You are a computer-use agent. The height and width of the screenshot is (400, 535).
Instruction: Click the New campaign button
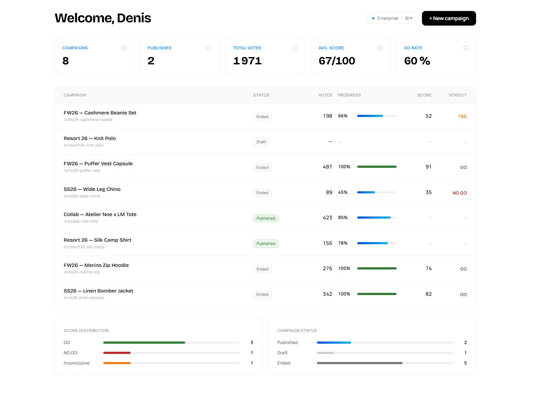(449, 18)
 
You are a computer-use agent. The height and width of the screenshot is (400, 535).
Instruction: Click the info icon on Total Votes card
(295, 48)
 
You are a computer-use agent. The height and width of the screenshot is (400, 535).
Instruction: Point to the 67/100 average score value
(337, 61)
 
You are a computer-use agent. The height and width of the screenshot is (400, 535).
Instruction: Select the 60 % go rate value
(417, 61)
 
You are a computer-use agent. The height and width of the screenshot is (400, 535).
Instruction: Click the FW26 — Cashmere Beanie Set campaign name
(100, 113)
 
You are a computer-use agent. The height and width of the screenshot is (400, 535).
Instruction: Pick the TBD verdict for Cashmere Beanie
(462, 117)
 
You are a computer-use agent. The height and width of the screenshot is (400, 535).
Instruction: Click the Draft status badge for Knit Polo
(261, 142)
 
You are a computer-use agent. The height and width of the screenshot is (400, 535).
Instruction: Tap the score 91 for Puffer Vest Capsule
(428, 167)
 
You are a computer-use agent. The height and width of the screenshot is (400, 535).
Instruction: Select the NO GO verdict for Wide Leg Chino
(459, 193)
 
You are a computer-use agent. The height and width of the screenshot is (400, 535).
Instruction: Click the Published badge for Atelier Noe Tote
(266, 218)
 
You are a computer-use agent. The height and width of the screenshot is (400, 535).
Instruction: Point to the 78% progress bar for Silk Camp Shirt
(376, 243)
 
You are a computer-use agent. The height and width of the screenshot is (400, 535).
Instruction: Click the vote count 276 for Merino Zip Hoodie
(327, 269)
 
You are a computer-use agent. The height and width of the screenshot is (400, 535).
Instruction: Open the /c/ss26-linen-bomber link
(84, 298)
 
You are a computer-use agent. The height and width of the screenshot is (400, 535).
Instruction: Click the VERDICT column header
(457, 95)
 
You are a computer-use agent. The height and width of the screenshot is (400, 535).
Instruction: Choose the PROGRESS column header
(349, 95)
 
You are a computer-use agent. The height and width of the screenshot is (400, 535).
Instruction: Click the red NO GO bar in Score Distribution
(117, 353)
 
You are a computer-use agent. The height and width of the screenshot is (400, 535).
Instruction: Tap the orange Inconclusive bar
(117, 363)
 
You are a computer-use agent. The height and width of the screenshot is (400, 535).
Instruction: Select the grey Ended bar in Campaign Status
(359, 363)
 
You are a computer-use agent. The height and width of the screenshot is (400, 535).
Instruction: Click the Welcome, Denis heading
(103, 18)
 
